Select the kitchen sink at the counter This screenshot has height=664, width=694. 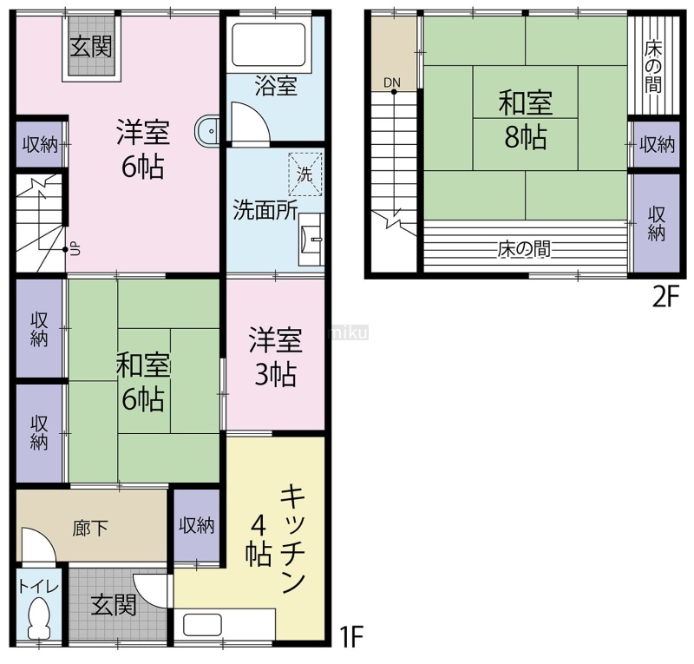pos(203,626)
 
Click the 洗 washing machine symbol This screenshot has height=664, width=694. pos(305,174)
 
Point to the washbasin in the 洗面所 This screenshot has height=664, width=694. pos(312,240)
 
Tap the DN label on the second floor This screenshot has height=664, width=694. pos(392,82)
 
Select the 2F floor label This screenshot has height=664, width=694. pos(665,298)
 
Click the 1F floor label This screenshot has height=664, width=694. pos(350,637)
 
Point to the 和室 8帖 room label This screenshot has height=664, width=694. pos(526,120)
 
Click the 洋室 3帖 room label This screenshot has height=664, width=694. pos(275,357)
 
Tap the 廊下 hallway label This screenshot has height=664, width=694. pos(90,528)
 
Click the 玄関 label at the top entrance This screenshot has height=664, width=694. pos(91,47)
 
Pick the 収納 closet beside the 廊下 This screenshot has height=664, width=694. pos(197,526)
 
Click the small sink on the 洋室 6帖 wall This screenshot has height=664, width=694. pos(206,131)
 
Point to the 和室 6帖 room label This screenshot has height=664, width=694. pos(142,381)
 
